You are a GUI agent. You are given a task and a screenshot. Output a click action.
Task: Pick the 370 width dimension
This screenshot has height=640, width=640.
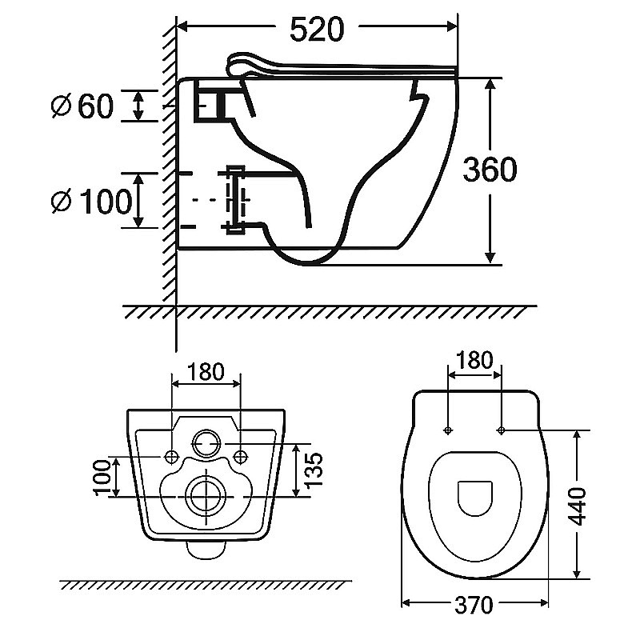tap(474, 606)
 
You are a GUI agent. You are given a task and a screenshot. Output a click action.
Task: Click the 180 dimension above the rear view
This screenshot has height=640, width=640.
tap(206, 372)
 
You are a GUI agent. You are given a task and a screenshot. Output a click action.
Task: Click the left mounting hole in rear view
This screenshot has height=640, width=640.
tap(171, 457)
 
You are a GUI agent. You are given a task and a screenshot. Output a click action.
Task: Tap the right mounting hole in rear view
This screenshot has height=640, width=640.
tap(242, 457)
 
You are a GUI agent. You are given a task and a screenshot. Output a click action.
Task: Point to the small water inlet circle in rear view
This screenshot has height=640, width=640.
tap(206, 441)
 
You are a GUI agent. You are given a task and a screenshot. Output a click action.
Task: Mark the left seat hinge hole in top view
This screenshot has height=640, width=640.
tap(447, 430)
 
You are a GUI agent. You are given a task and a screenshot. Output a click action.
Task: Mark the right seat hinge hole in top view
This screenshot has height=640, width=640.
tap(501, 430)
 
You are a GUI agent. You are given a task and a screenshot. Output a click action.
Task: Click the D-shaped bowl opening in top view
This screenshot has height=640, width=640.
tap(475, 498)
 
